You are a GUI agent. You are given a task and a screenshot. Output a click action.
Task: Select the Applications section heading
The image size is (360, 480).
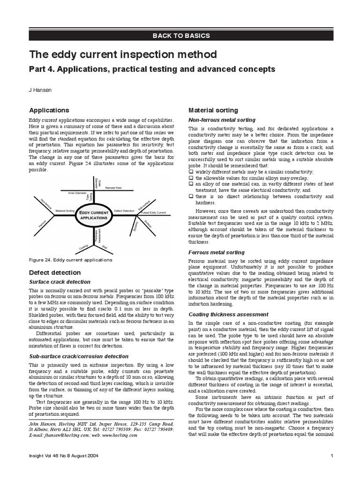(49, 110)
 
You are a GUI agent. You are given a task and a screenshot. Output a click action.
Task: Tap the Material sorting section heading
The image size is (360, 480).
(213, 110)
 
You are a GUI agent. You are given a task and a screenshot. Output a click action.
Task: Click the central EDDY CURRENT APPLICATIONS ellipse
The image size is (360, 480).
(94, 216)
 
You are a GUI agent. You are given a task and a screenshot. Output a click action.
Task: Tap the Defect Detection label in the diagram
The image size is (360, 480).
(124, 211)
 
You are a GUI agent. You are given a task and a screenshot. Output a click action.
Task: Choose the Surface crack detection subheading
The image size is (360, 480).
(60, 282)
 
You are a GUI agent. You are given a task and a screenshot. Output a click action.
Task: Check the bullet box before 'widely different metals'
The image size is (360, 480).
(191, 172)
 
